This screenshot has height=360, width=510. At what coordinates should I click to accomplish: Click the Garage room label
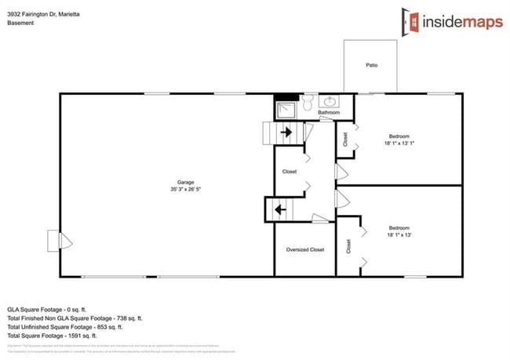pos(185,182)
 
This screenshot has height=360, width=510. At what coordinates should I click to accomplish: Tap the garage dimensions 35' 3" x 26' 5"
pos(185,189)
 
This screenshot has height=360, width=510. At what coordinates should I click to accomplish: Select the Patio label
pos(371,65)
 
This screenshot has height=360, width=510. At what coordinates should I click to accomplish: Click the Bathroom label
pos(329,113)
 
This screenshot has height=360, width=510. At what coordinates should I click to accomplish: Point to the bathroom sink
pos(331,102)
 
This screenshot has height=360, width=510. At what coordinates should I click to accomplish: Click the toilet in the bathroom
pos(309,103)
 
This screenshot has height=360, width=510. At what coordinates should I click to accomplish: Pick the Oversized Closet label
pos(305,249)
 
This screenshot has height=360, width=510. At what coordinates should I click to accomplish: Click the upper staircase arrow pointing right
pos(286,133)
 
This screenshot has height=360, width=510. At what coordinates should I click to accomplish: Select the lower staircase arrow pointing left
pos(279,210)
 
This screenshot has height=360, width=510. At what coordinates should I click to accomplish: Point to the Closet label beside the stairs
pos(290,171)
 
